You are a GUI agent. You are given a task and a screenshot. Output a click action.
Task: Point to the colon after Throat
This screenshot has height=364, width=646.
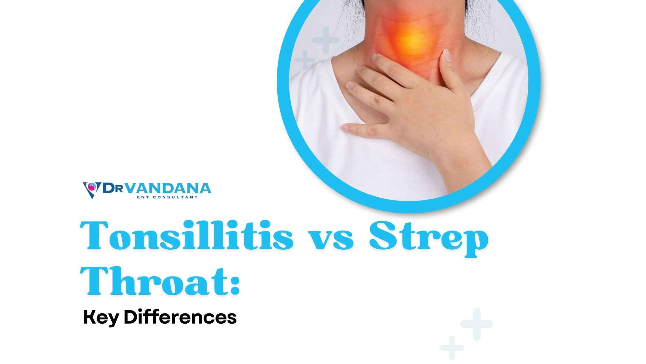[235, 285]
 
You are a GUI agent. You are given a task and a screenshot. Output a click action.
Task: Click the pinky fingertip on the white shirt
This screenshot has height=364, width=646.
[346, 127]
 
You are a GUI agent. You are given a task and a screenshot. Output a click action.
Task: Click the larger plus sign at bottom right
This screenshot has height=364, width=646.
[476, 324]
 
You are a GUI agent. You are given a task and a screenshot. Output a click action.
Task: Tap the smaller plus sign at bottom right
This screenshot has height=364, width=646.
[452, 348]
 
